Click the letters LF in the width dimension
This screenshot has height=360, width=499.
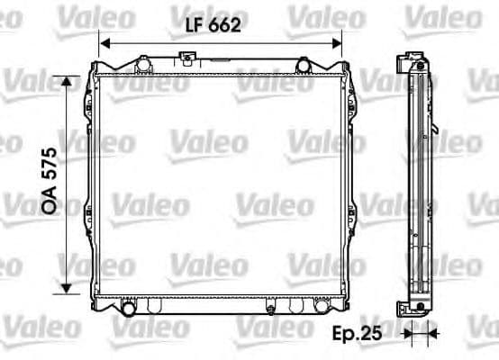pos(194,27)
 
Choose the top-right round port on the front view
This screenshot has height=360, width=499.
pos(304,64)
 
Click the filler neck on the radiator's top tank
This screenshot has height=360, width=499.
pos(187,59)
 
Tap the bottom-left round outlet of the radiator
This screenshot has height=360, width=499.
pos(128,309)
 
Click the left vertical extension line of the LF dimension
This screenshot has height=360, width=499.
pos(98,49)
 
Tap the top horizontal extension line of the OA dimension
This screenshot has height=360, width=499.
pos(77,76)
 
